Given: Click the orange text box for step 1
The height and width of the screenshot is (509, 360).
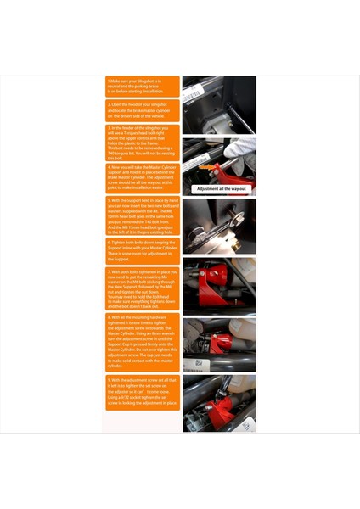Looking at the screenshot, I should tap(142, 86).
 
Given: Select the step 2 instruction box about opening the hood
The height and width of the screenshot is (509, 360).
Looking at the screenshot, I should tap(142, 110).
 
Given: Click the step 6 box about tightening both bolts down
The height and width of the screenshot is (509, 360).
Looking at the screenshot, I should tap(142, 250).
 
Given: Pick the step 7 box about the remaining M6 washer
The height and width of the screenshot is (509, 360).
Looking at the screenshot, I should tap(142, 288).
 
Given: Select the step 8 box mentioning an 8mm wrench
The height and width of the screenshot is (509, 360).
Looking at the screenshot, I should tap(142, 338).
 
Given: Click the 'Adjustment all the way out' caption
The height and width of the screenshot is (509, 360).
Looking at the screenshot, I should tap(220, 189).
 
